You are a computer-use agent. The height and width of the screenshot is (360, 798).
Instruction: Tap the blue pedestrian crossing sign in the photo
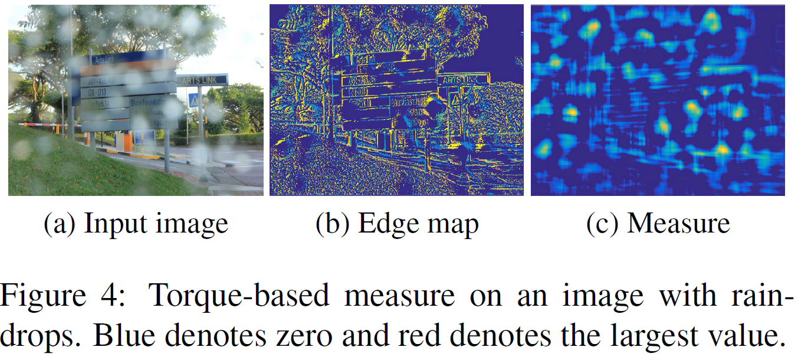click(193, 100)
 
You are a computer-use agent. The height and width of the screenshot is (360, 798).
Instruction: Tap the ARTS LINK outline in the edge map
click(464, 80)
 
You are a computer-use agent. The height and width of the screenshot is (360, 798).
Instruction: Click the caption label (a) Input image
click(136, 224)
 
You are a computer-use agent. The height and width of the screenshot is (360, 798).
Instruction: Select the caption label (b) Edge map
click(397, 224)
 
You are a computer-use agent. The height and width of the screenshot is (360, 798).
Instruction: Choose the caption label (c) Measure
click(658, 224)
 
